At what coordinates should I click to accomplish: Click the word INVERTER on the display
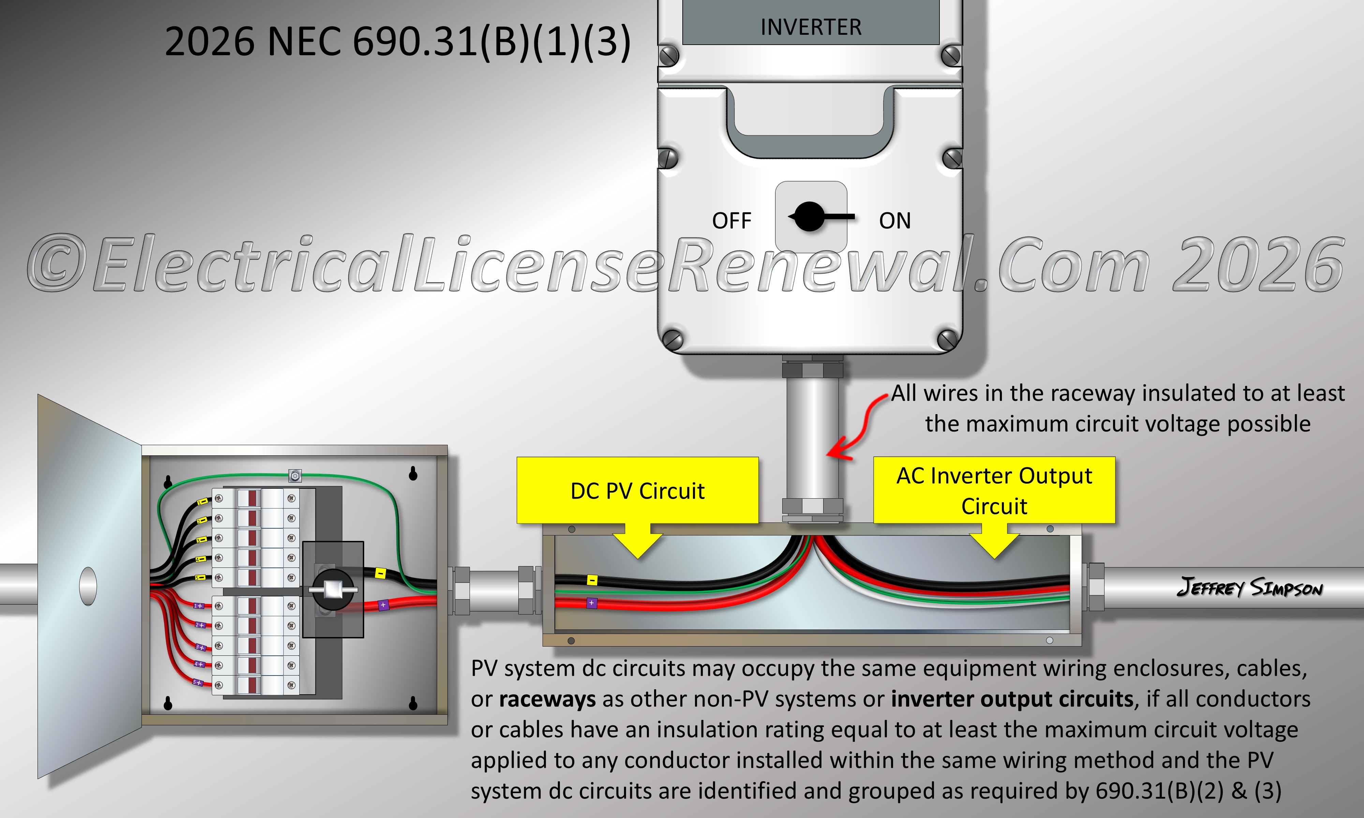click(811, 27)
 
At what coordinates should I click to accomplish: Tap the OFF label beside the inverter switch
click(732, 221)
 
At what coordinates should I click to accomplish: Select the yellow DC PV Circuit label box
click(637, 490)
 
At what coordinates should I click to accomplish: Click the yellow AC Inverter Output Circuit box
click(994, 490)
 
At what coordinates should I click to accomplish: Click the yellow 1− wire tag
click(202, 502)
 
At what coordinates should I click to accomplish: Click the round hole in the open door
click(88, 586)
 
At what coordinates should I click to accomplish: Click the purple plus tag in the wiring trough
click(592, 603)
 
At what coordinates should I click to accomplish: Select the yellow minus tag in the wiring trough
click(592, 580)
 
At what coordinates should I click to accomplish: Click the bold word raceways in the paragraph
click(547, 699)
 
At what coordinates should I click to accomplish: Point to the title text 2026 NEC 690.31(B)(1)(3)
click(397, 41)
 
